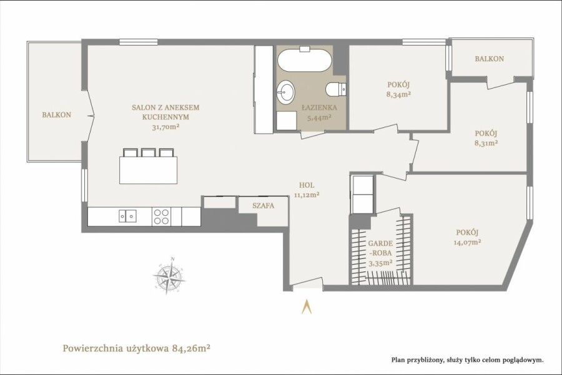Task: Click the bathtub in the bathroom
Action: pyautogui.click(x=304, y=61)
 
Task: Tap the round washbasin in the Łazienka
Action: pyautogui.click(x=285, y=92)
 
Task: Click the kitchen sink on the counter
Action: pyautogui.click(x=127, y=217)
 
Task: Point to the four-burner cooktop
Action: pyautogui.click(x=161, y=217)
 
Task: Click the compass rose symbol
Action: pyautogui.click(x=169, y=275)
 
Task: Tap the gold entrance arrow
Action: pyautogui.click(x=307, y=306)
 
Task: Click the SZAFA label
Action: pyautogui.click(x=263, y=205)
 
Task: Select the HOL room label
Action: pyautogui.click(x=307, y=185)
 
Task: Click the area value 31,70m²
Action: pyautogui.click(x=165, y=127)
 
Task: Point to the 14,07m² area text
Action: pyautogui.click(x=467, y=242)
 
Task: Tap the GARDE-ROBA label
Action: pyautogui.click(x=381, y=248)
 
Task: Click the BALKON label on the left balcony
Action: pyautogui.click(x=57, y=115)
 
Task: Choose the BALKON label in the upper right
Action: pyautogui.click(x=489, y=59)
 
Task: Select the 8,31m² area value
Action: pyautogui.click(x=486, y=143)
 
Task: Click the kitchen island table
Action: pyautogui.click(x=149, y=170)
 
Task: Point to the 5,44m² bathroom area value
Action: pyautogui.click(x=318, y=117)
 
